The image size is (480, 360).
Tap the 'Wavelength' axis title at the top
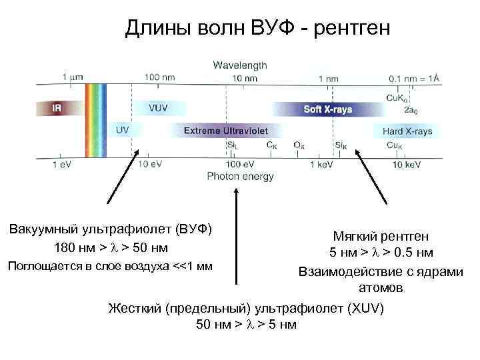[x=240, y=65]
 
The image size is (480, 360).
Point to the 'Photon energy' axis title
[x=240, y=177]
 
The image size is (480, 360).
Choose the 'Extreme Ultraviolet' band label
[x=225, y=131]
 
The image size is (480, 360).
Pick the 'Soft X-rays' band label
[x=327, y=109]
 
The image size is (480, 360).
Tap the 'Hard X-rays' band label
[x=407, y=131]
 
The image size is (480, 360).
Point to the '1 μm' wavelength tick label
[x=73, y=77]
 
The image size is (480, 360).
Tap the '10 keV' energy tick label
[x=406, y=165]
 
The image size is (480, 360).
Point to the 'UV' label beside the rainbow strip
[x=123, y=130]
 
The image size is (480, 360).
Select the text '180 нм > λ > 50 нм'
[x=111, y=249]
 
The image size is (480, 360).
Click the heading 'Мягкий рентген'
[x=381, y=237]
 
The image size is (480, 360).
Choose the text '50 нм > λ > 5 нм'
[x=246, y=325]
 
